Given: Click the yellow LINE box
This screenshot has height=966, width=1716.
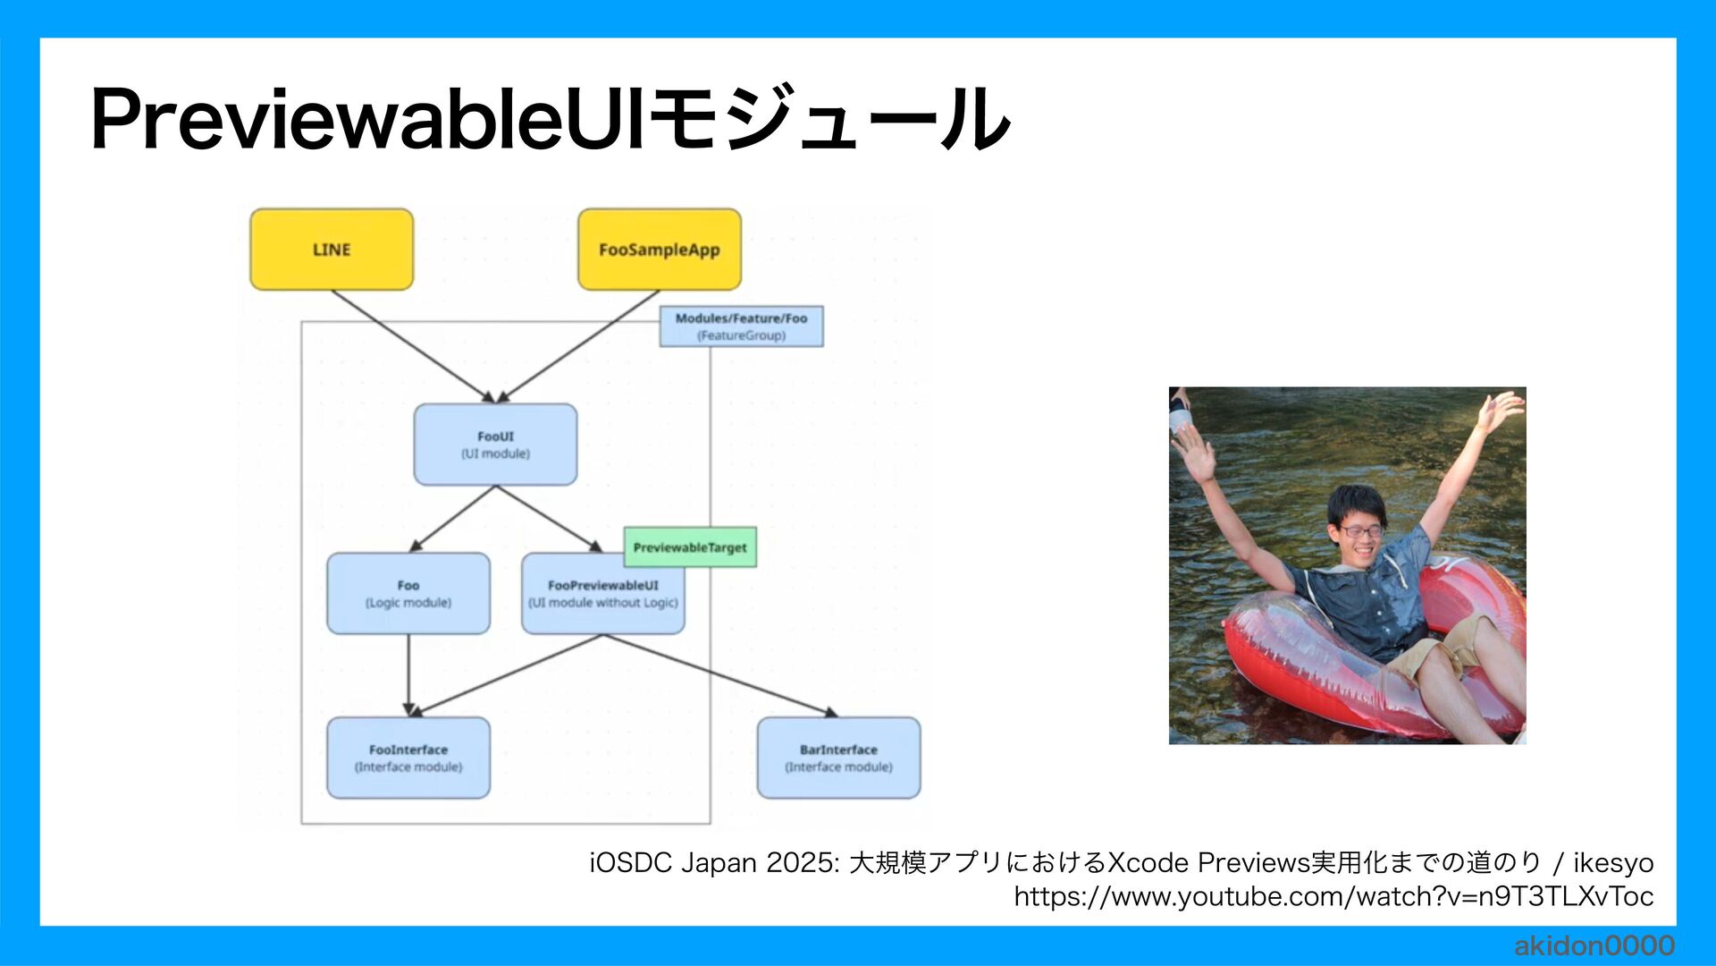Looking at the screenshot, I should pos(332,250).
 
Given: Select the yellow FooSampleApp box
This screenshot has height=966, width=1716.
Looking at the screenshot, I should pos(660,250).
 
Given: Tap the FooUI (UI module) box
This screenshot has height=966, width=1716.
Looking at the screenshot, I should pos(495,445).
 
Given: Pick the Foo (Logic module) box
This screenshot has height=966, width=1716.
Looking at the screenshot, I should pos(408,594).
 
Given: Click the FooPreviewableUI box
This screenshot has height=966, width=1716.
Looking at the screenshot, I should pos(603,594).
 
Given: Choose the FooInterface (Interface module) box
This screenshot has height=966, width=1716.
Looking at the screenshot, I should pos(408,758).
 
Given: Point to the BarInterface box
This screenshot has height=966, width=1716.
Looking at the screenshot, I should pos(838,758).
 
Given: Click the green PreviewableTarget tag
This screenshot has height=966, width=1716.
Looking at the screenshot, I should pos(690,547).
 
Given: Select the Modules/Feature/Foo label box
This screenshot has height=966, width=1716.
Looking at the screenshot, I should pos(741,326).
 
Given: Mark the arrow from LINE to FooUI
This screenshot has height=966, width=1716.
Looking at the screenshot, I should pos(411,345).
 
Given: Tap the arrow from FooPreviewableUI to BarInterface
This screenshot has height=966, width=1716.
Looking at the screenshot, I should pos(719,675).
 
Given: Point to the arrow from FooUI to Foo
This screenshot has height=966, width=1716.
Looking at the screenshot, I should pos(453,519).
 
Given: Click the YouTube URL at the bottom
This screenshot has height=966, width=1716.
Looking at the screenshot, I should pos(1333,896).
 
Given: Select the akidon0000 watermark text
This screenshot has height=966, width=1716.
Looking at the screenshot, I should pos(1594,945).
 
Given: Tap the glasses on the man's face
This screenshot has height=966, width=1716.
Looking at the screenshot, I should pos(1361,531).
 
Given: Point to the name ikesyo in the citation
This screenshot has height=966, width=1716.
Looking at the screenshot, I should pos(1613,863).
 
